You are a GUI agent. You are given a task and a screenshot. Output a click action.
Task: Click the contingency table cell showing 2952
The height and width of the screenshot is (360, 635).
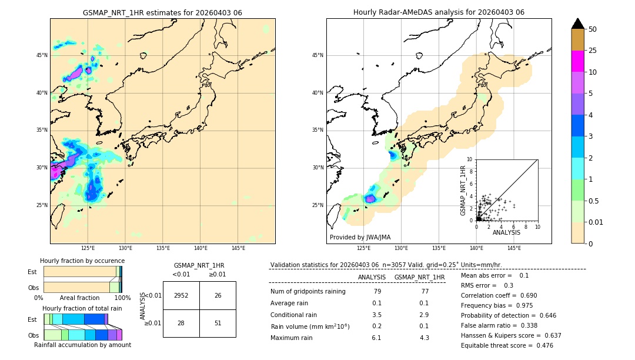(x=181, y=295)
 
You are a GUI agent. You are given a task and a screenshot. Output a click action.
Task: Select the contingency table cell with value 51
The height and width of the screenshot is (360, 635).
(x=218, y=323)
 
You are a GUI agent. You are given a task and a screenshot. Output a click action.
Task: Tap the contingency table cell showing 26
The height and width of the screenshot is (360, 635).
(x=218, y=295)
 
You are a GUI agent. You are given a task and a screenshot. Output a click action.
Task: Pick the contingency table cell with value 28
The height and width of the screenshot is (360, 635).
(x=181, y=323)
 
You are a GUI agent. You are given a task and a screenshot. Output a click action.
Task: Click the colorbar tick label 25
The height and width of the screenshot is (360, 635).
(x=593, y=51)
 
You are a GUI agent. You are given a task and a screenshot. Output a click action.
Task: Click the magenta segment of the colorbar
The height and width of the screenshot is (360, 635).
(x=577, y=61)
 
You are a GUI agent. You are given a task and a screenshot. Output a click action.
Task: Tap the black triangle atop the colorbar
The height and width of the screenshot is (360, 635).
(x=577, y=24)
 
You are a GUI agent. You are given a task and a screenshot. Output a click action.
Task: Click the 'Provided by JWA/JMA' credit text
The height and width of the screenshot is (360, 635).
(x=360, y=238)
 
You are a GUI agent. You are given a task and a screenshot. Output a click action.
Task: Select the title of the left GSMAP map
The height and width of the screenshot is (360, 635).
(x=162, y=12)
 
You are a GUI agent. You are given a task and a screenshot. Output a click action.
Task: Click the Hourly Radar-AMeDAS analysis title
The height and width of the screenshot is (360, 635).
(x=439, y=12)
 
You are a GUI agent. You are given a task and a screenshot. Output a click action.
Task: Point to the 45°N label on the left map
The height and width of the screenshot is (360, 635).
(x=42, y=55)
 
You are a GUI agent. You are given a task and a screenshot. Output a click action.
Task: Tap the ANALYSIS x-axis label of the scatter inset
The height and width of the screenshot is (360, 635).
(x=506, y=233)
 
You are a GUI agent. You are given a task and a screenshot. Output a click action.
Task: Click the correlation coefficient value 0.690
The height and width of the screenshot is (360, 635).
(x=527, y=295)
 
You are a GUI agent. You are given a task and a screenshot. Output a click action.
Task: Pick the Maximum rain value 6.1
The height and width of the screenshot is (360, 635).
(x=376, y=338)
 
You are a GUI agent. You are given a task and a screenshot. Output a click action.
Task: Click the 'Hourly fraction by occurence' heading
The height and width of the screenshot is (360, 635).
(x=82, y=261)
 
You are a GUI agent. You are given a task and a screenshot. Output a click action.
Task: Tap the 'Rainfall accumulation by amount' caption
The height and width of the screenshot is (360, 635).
(x=82, y=345)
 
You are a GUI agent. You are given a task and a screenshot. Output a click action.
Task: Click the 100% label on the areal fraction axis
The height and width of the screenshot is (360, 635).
(x=122, y=298)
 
